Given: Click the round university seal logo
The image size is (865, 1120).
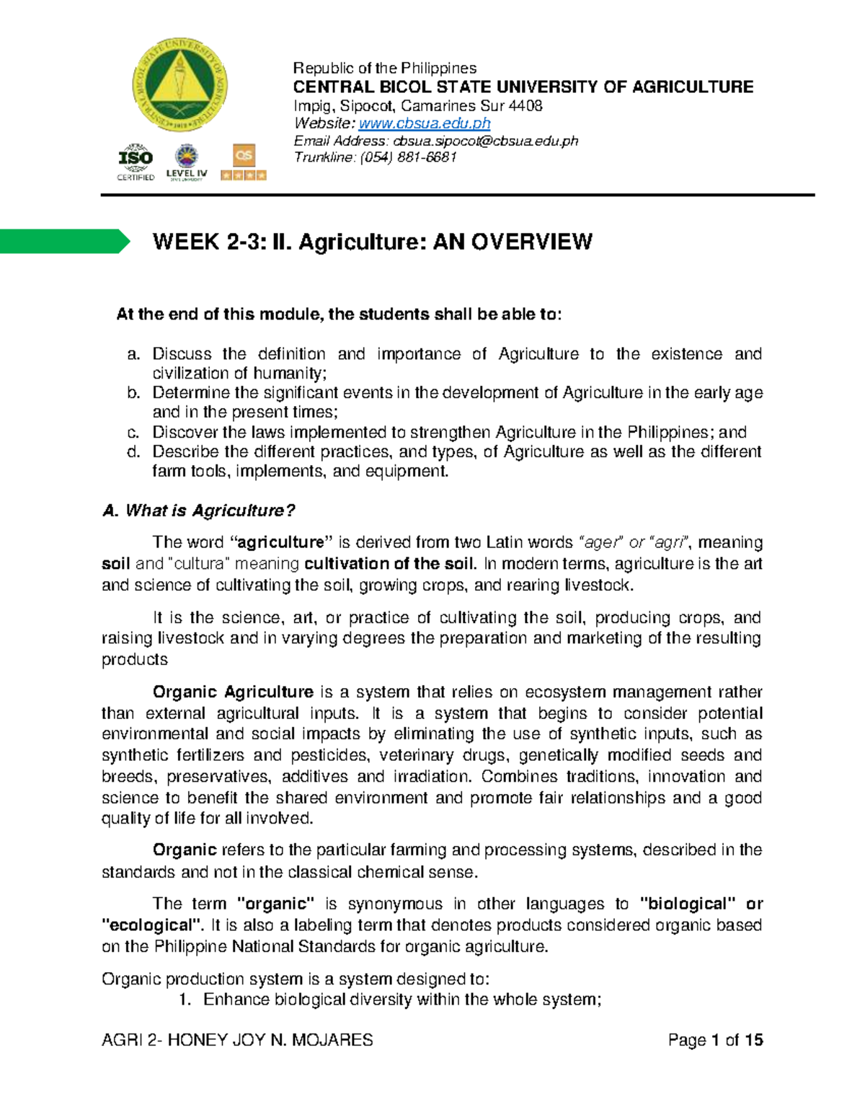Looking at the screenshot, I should (x=179, y=84).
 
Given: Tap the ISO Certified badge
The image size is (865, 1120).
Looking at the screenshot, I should (x=136, y=162).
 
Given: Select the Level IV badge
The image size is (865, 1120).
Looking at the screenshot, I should (x=187, y=162).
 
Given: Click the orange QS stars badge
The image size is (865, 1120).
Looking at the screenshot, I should (x=244, y=162).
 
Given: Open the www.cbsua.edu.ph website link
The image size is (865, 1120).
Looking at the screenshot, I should (x=425, y=123).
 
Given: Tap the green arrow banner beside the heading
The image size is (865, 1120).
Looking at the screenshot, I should (x=65, y=241).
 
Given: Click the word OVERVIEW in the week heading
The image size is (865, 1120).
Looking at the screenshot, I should (x=532, y=242).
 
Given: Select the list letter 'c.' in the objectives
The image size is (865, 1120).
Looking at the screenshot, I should (x=133, y=433).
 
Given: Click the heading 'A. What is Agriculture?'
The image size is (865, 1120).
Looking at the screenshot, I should (x=199, y=511).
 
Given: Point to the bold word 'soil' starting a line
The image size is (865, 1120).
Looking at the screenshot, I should (x=115, y=563).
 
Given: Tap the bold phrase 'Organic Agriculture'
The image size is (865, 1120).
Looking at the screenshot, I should (x=233, y=692).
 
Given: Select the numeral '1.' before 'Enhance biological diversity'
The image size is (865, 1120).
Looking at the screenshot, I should (x=185, y=1000).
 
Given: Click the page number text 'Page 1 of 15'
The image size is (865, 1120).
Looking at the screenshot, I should (x=715, y=1040).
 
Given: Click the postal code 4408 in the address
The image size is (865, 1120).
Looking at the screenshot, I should (x=526, y=106).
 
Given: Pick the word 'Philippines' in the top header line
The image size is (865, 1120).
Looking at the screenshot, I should (x=438, y=69).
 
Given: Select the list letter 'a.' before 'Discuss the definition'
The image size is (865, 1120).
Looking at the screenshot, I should (x=133, y=354).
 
